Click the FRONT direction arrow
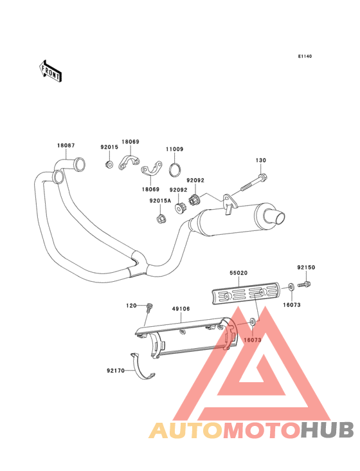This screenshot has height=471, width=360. point(50,71)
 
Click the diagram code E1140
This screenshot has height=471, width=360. point(305,56)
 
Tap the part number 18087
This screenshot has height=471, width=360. point(66,145)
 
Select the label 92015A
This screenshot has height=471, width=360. point(160,201)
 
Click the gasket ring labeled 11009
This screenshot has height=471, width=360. point(175,170)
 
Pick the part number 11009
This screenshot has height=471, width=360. point(175,149)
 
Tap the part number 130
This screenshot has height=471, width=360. point(261,160)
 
